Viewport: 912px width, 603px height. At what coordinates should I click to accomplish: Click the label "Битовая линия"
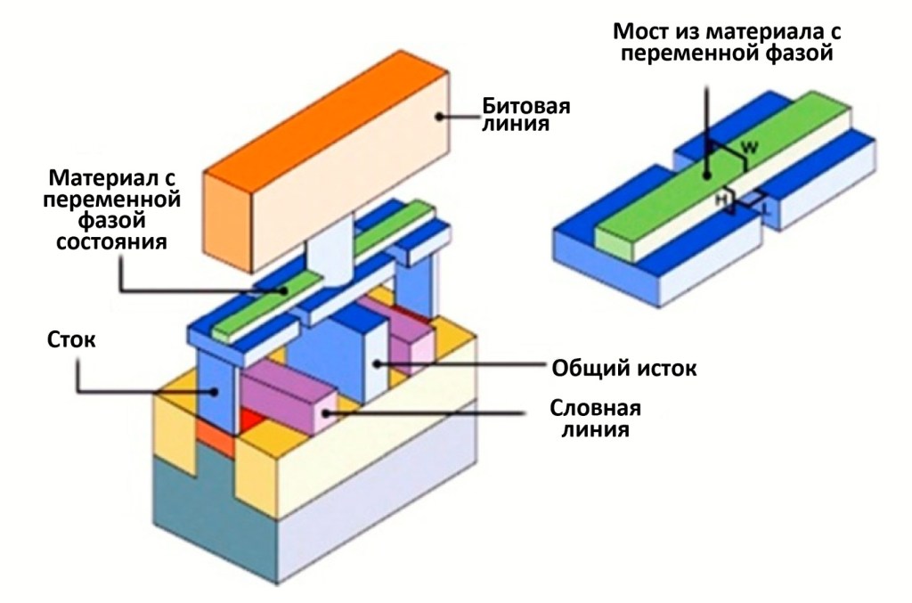click(526, 116)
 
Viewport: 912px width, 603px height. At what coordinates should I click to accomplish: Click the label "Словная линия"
click(597, 419)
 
